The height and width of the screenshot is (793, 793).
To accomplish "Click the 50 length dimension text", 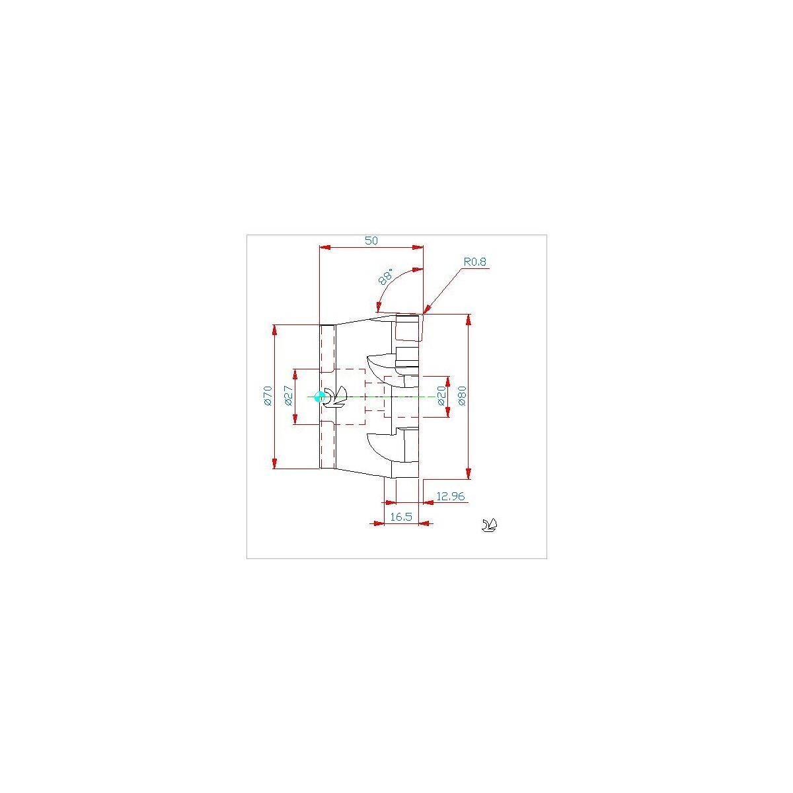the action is point(371,241).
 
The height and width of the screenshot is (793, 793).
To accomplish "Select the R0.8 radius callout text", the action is point(474,262).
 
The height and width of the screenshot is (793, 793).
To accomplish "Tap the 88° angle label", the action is point(385,276).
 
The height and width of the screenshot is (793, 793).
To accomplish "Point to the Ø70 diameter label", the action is point(268,395).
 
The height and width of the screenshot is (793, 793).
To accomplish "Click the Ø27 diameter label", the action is point(288,396).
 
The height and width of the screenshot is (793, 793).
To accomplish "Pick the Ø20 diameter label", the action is point(441,396).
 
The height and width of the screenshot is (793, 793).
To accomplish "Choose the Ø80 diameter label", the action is point(462,396).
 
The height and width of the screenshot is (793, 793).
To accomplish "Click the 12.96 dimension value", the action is point(450,496).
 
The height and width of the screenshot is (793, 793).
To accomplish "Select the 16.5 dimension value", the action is point(401,517).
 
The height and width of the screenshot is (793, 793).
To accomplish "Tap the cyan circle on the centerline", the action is point(319,397).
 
